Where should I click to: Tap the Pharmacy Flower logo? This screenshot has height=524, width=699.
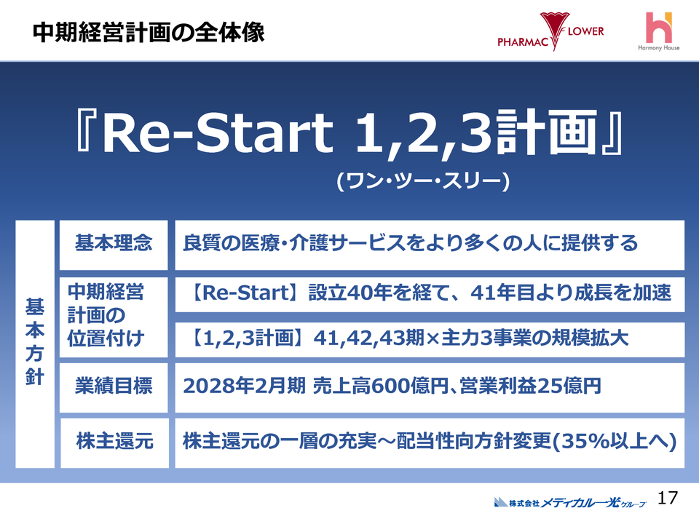550,33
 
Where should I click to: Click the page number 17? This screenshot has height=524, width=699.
667,499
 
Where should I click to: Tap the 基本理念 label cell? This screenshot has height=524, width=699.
114,243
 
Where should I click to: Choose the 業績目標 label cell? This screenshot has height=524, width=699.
114,386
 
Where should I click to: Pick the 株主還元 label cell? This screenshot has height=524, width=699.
114,440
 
